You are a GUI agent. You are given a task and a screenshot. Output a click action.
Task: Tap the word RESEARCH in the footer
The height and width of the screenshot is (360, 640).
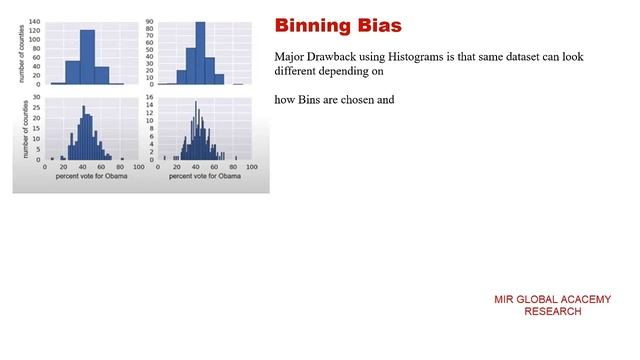click(x=552, y=312)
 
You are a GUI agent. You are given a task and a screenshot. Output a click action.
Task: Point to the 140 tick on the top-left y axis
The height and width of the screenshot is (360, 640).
click(x=35, y=21)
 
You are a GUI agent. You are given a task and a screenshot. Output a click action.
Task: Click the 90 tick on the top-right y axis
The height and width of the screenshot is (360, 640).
click(x=149, y=21)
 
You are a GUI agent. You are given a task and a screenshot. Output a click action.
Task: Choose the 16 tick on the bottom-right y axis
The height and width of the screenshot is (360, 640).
click(x=149, y=98)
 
